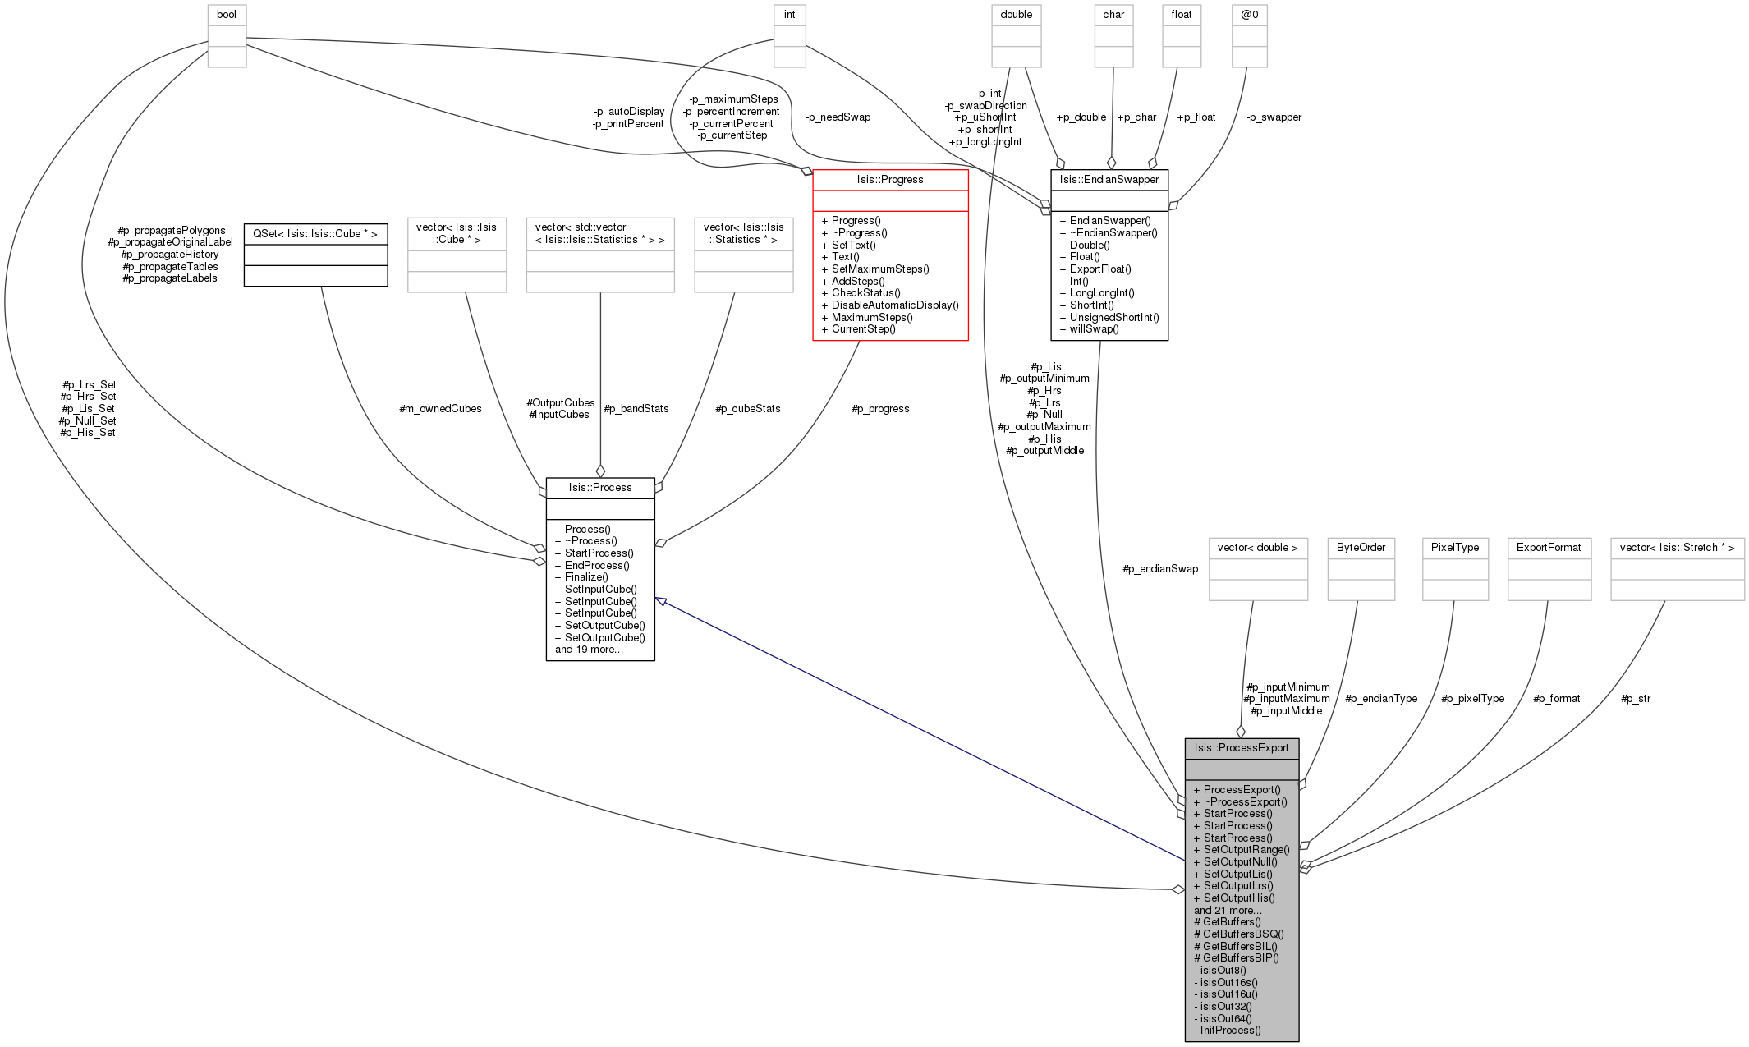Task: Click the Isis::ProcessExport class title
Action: tap(1242, 748)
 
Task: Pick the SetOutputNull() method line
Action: tap(1240, 861)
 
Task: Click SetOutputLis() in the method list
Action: tap(1237, 874)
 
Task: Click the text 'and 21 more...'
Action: tap(1228, 910)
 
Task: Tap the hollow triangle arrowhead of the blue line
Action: tap(660, 601)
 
